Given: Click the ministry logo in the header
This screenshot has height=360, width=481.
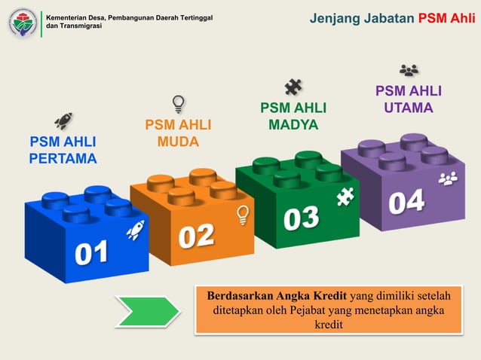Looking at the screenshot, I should click(x=23, y=23).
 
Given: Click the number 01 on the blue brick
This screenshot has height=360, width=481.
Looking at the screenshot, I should click(x=90, y=252).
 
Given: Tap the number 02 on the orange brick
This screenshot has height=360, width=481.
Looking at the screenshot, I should click(x=196, y=236).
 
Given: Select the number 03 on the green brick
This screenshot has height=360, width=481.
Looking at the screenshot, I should click(x=301, y=218).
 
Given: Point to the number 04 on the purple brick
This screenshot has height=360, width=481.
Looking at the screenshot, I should click(x=406, y=201).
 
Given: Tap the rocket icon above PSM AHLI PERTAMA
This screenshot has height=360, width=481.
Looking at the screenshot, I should click(x=63, y=121).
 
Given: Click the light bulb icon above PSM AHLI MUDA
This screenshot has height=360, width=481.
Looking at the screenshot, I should click(x=179, y=103).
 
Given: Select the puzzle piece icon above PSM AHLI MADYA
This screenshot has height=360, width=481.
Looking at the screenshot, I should click(x=293, y=87).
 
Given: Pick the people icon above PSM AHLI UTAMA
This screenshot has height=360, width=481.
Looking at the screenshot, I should click(x=409, y=71).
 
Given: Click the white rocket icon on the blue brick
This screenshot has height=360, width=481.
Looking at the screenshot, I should click(x=135, y=230).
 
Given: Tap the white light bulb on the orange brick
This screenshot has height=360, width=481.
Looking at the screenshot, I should click(x=243, y=215).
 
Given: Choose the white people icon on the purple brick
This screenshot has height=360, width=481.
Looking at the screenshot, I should click(x=448, y=179).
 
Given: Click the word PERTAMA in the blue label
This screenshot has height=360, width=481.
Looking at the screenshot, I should click(x=63, y=159).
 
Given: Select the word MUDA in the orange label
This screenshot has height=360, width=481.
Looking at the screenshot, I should click(x=178, y=142).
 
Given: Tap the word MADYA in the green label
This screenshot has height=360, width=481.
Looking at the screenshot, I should click(x=293, y=125).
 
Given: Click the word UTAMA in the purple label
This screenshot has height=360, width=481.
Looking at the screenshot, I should click(x=409, y=108).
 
